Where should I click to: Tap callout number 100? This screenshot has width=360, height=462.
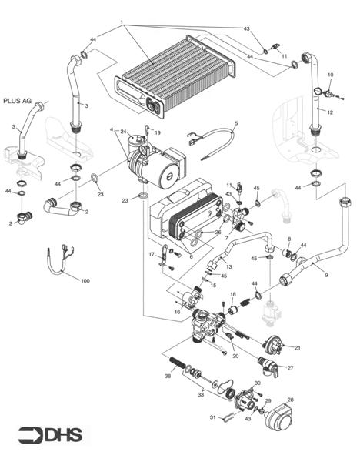85,281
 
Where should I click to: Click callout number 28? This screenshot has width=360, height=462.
290,400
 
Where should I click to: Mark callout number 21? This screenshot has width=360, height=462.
298,348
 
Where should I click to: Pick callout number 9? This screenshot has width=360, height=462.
326,274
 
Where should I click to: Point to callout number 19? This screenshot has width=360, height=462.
157,133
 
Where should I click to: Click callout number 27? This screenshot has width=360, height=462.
290,368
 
